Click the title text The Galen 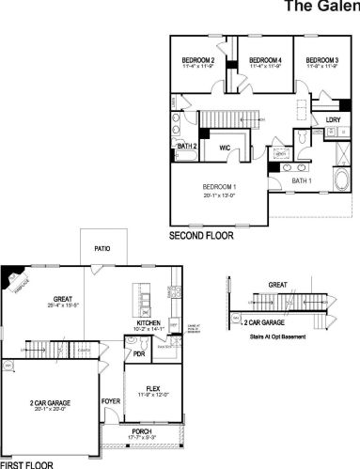tap(321, 8)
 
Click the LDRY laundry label tap(333, 119)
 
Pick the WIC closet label tap(226, 147)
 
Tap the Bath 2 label tap(186, 147)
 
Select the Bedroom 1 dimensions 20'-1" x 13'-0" tap(222, 196)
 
